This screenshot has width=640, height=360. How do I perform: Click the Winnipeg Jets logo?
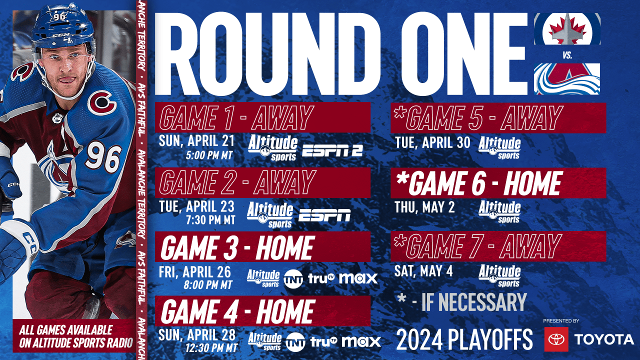(x=567, y=28)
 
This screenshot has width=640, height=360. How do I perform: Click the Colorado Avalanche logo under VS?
(x=567, y=79)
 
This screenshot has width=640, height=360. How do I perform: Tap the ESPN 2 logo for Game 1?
(x=332, y=149)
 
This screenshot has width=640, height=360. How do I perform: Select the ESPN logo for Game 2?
(x=324, y=215)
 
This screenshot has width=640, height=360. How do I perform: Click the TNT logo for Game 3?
(x=293, y=278)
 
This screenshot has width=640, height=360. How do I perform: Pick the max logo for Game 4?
(x=360, y=342)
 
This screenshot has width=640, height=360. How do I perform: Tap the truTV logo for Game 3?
(x=321, y=278)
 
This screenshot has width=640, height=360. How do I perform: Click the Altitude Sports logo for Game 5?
(x=499, y=147)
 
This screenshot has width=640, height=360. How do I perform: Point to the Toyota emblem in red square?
(x=556, y=339)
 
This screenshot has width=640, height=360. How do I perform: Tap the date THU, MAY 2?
(x=424, y=207)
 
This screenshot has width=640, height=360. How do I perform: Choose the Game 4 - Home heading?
(x=237, y=311)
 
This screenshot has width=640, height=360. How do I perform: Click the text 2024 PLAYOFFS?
(x=464, y=340)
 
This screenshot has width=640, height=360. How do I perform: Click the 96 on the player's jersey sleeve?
(x=102, y=157)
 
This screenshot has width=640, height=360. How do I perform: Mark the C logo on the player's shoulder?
(x=102, y=102)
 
